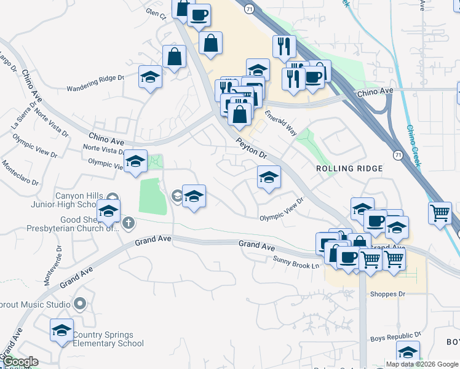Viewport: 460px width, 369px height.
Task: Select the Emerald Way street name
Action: [281, 123]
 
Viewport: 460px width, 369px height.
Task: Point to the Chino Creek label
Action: [413, 146]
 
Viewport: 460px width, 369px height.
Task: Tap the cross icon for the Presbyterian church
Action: [128, 222]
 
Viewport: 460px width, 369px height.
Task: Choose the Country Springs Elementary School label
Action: [108, 339]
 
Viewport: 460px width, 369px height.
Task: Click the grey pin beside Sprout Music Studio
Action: [80, 304]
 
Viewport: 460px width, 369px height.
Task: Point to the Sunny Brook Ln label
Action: [297, 261]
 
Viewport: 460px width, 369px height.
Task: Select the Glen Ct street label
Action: [156, 13]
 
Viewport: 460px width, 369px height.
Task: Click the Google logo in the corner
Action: [20, 362]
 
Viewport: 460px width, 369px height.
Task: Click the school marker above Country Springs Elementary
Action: [61, 331]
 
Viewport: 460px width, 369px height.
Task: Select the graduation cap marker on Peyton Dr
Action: [268, 178]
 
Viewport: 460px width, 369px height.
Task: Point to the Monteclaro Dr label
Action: [20, 174]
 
